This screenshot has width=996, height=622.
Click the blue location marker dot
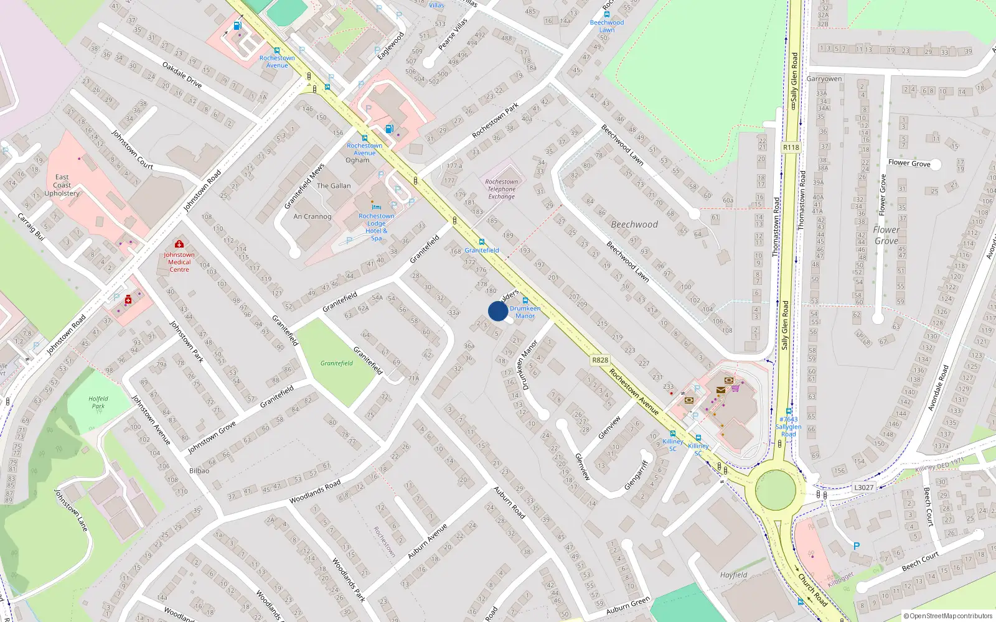(498, 311)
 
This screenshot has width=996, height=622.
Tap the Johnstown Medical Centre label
(179, 262)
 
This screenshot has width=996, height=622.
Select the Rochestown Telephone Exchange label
(501, 189)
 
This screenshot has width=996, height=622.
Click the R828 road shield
(600, 360)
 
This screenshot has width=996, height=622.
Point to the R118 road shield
(791, 147)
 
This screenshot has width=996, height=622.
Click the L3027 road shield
(863, 488)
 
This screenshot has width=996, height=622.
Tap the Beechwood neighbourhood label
(634, 225)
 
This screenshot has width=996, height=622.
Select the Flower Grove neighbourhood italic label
(886, 235)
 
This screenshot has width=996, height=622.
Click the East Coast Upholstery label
(62, 185)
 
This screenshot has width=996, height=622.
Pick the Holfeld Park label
(98, 402)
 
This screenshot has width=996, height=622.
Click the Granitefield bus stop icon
(481, 242)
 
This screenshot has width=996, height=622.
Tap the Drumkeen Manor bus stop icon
(525, 300)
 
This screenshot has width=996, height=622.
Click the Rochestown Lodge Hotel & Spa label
(376, 227)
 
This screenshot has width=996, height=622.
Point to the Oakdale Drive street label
(182, 75)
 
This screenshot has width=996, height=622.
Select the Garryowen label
(824, 79)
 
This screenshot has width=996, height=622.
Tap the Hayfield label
(733, 575)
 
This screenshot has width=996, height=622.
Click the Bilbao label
(199, 471)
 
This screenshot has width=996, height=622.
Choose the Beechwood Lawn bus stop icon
(607, 14)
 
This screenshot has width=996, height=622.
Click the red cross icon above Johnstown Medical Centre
(179, 244)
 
